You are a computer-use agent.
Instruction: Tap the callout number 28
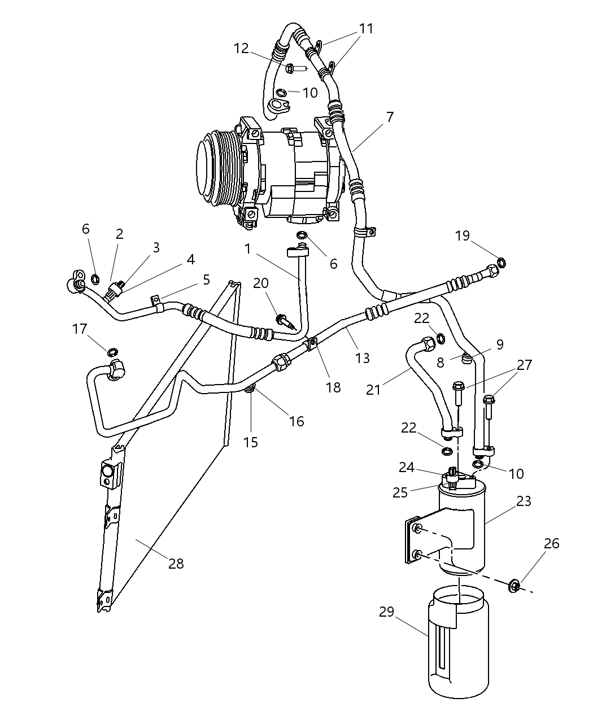(x=176, y=563)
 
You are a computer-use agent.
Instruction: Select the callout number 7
(x=390, y=117)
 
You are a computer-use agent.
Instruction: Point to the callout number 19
(x=463, y=235)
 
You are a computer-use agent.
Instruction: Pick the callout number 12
(x=241, y=49)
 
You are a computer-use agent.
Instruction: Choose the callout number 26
(x=551, y=543)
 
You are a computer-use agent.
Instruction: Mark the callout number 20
(x=261, y=283)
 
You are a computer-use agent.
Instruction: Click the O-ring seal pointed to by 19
(x=501, y=261)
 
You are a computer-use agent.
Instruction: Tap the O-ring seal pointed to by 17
(x=112, y=352)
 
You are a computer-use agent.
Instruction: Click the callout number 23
(x=524, y=501)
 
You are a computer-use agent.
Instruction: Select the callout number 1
(x=247, y=249)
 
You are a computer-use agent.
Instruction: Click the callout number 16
(x=296, y=421)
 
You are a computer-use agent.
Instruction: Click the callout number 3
(x=156, y=247)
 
